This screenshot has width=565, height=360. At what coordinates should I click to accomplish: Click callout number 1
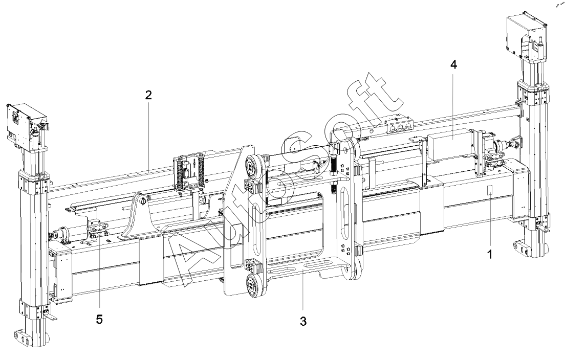(x=489, y=255)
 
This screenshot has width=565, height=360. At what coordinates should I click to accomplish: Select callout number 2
(x=148, y=95)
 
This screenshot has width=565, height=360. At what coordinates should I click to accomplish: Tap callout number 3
(x=303, y=321)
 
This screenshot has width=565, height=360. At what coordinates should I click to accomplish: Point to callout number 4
(x=453, y=65)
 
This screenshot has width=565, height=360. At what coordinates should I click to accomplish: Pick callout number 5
(x=99, y=319)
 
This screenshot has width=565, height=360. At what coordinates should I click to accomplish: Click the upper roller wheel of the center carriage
(x=252, y=166)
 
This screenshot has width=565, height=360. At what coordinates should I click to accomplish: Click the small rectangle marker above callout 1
(x=490, y=190)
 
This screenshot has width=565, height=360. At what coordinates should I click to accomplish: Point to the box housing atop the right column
(x=527, y=35)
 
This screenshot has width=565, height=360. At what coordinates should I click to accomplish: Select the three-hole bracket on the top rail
(x=399, y=126)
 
